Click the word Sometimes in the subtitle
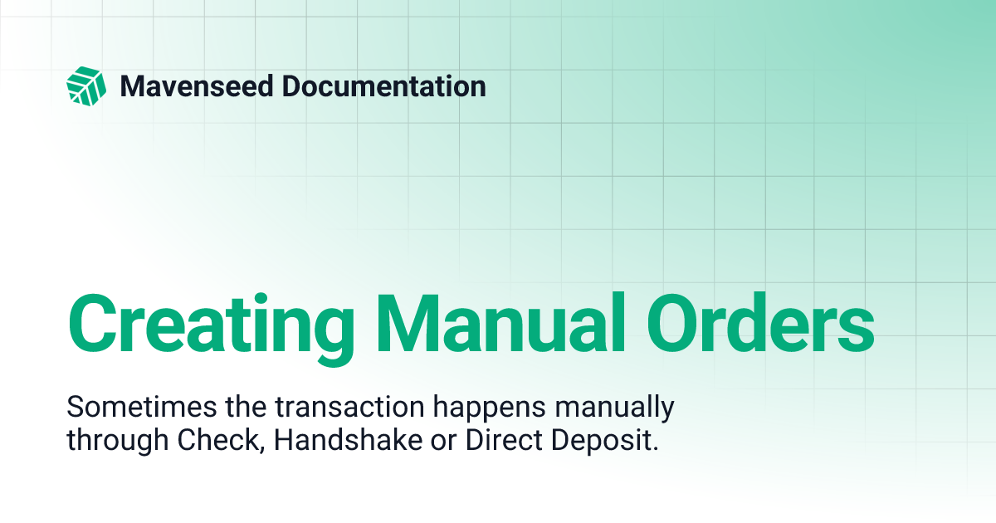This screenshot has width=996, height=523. (131, 408)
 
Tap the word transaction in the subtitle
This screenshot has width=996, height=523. (315, 408)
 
